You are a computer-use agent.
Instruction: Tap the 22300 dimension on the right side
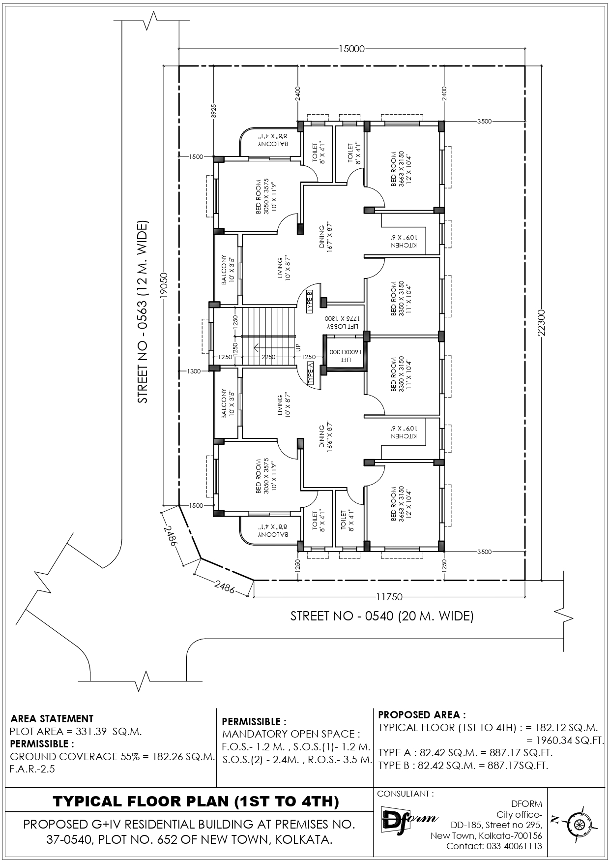point(542,323)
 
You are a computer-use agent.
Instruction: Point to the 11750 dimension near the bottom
point(389,597)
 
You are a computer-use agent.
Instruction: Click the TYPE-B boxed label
point(310,302)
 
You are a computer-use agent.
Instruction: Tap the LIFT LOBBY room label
point(345,323)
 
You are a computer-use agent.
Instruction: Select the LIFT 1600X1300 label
point(346,356)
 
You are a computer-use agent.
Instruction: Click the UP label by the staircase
point(298,348)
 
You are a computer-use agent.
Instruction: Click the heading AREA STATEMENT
point(52,719)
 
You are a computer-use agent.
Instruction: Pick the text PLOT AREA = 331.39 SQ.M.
point(76,731)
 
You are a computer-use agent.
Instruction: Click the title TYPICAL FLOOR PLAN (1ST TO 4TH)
point(196,801)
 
